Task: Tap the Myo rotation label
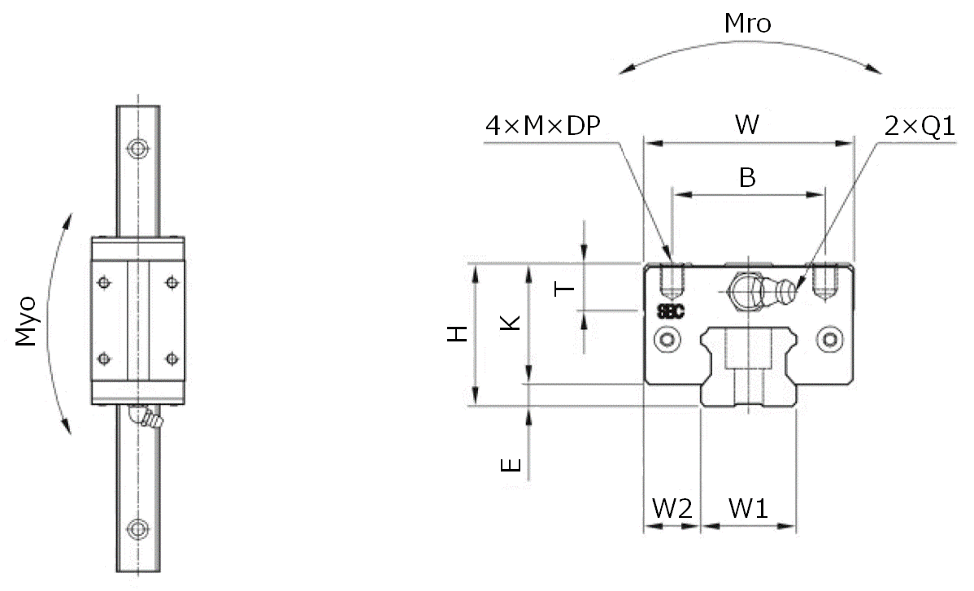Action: tap(28, 322)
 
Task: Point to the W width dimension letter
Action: tap(747, 125)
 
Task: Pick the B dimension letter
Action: tap(746, 177)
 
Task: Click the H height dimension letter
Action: tap(459, 332)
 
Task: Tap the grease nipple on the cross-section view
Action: tap(785, 287)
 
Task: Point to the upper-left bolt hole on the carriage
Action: tap(103, 282)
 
